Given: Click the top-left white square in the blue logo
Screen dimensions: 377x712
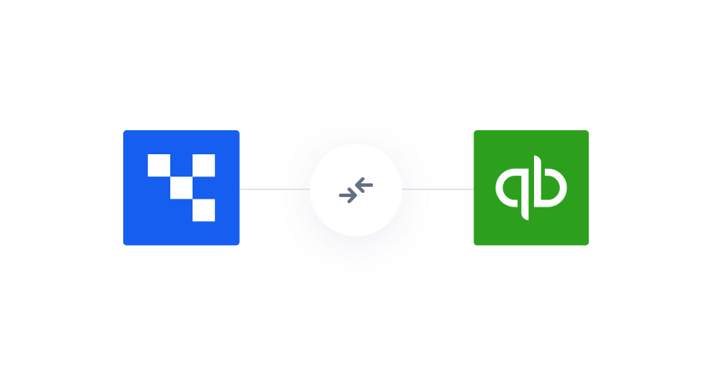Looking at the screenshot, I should click(x=158, y=165).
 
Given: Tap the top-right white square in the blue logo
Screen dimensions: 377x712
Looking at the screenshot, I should click(x=204, y=165).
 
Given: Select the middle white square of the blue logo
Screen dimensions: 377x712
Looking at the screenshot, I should click(x=181, y=188).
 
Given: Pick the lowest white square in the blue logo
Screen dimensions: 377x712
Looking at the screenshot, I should click(x=204, y=210).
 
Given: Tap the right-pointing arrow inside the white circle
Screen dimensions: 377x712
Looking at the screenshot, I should click(x=347, y=195).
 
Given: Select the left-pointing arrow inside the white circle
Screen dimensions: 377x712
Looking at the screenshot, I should click(x=365, y=183).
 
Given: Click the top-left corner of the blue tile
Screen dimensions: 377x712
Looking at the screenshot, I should click(x=125, y=132).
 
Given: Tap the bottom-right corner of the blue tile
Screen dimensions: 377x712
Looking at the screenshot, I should click(x=238, y=244).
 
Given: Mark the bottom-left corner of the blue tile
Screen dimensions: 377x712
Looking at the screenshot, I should click(x=125, y=244).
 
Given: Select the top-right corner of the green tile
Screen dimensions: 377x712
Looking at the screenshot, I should click(x=587, y=132).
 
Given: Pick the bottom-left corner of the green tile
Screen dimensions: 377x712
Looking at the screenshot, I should click(x=475, y=244).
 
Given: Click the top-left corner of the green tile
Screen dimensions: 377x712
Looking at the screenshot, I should click(x=475, y=132).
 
